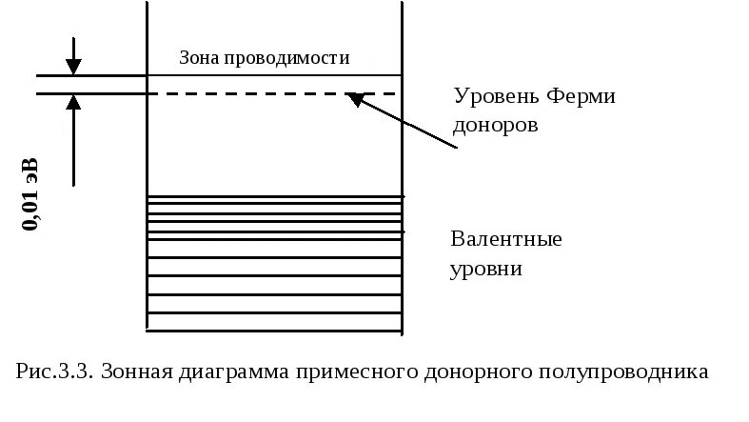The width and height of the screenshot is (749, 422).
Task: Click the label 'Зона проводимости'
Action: click(265, 58)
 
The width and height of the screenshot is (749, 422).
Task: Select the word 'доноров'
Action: click(497, 125)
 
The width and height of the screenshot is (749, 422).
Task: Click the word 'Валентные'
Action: click(506, 238)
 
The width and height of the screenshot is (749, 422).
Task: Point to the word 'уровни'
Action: click(486, 268)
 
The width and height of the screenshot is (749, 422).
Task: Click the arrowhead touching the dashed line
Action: click(355, 97)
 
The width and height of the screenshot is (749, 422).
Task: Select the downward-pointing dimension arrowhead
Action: click(73, 67)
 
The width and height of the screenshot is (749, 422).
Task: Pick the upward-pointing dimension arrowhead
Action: click(73, 101)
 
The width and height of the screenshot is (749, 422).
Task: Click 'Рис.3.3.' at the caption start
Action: click(54, 371)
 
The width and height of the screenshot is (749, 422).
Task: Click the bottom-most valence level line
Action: click(274, 331)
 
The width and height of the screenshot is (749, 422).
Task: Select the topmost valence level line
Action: click(274, 196)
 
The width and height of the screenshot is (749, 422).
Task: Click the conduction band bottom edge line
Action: click(274, 75)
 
